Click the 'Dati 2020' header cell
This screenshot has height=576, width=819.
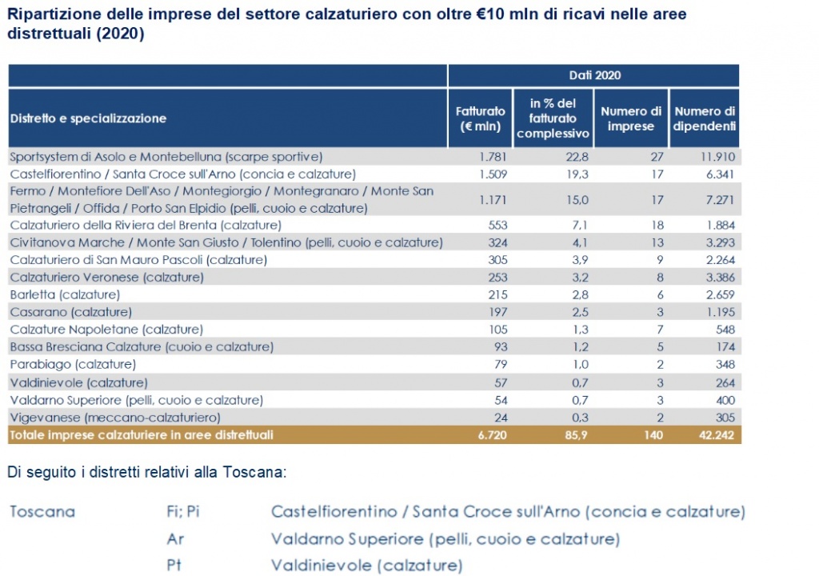[x=594, y=75]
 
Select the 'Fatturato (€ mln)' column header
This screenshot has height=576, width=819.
[x=481, y=118]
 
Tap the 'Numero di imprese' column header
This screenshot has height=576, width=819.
[x=631, y=118]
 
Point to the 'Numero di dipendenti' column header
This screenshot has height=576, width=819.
[x=704, y=118]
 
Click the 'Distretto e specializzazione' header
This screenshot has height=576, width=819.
[x=88, y=118]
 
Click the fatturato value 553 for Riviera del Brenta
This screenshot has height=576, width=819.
[x=497, y=225]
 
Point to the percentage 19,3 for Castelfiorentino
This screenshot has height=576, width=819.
[x=576, y=174]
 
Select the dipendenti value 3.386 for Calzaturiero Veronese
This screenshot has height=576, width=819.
[x=718, y=277]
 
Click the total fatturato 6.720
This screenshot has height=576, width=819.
[x=492, y=435]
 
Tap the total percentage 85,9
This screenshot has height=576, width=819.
[x=576, y=435]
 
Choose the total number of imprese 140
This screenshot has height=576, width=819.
[x=651, y=435]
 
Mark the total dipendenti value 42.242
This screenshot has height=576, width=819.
[x=715, y=435]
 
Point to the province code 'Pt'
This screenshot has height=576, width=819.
[x=175, y=566]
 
